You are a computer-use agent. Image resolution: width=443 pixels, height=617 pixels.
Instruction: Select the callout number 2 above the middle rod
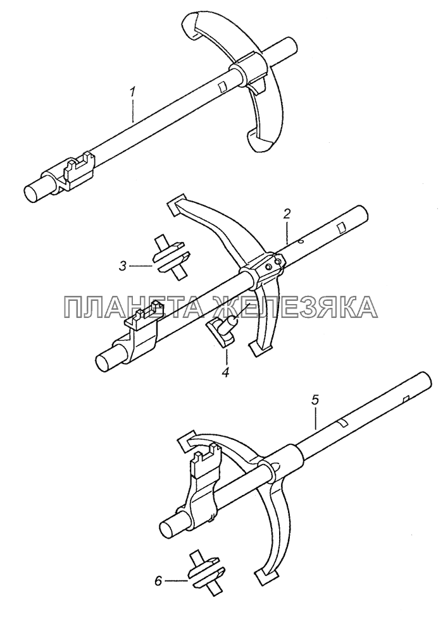coord(287,214)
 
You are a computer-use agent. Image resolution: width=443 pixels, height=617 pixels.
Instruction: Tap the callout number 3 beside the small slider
coord(123,266)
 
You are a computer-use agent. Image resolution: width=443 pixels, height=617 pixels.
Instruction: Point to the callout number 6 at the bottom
coord(158,581)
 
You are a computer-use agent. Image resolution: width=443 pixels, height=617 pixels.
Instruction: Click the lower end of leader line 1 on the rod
coord(133,121)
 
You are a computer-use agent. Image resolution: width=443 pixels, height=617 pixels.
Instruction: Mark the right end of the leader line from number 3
coord(153,266)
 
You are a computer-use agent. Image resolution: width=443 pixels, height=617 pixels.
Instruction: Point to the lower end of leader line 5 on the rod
coord(316,429)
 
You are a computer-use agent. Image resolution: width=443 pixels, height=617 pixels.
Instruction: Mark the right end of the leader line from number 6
coord(188,581)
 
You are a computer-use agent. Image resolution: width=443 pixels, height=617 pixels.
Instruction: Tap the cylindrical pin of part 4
coord(230,322)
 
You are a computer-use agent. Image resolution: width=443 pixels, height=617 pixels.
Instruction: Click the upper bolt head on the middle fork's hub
coord(279,261)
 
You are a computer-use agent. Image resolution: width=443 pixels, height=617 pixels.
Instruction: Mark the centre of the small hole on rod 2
coord(300,242)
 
